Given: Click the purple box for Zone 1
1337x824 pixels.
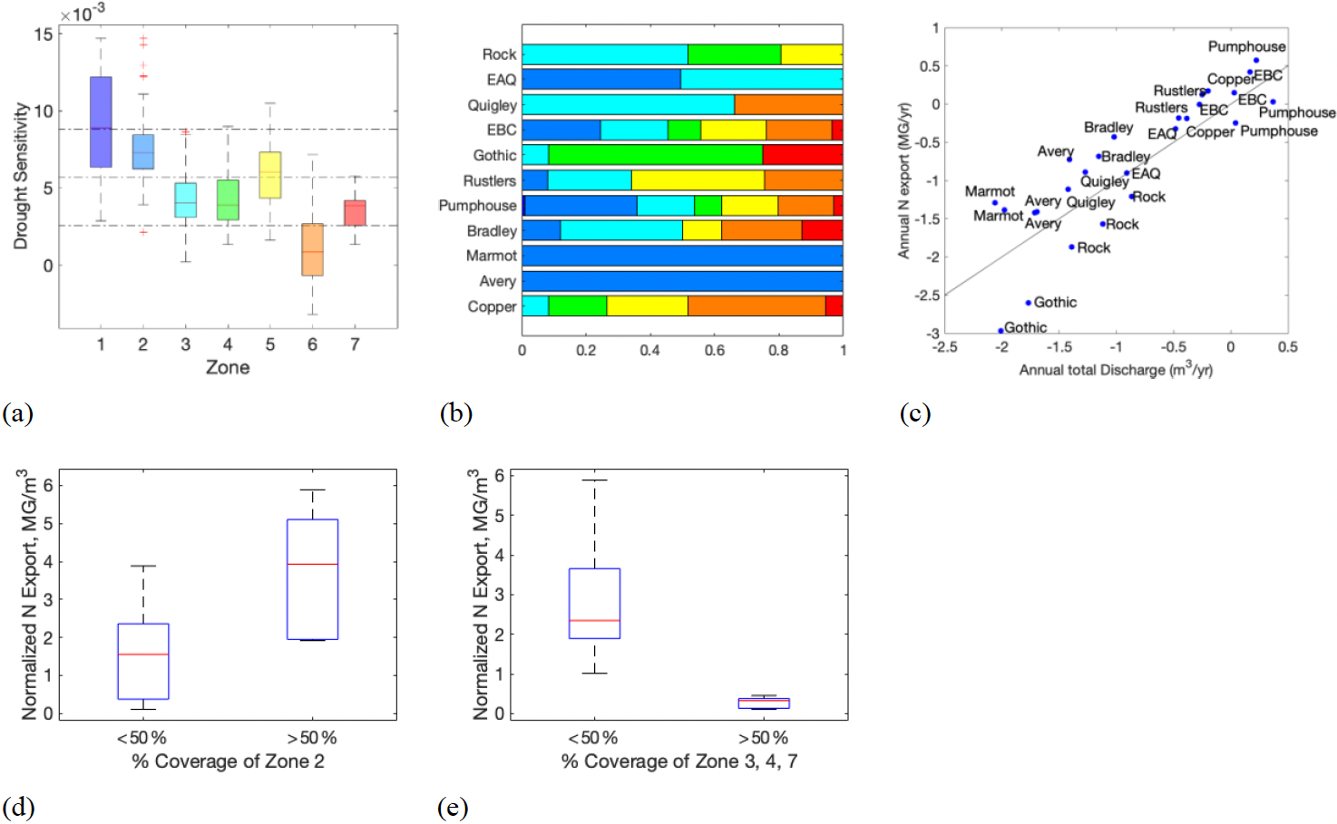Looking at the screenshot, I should (101, 121).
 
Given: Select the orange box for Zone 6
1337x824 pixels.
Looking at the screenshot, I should (312, 249).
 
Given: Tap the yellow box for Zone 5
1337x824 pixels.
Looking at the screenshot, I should (269, 175).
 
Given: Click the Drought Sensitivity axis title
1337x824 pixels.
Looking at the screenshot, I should (21, 175).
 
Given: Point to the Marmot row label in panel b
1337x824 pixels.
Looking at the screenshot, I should (491, 257).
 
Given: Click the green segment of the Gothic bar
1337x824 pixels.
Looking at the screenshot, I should (655, 155).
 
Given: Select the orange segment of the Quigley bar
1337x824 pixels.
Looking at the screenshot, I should (787, 105).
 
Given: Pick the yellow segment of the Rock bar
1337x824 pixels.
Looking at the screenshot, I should (811, 54).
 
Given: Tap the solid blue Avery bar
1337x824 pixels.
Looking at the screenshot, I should (682, 281).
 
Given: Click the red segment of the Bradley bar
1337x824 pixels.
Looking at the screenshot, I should (822, 231).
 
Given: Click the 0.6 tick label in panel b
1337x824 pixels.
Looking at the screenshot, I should (714, 351).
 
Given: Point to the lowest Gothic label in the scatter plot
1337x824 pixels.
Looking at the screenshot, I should (1025, 327).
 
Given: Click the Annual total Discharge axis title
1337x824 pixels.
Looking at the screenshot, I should (1115, 370).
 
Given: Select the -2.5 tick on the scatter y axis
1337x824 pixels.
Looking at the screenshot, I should (926, 296).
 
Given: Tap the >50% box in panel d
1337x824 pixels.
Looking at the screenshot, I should (312, 579).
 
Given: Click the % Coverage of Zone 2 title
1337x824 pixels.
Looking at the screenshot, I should (228, 761).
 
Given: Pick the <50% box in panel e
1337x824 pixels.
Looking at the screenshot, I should (594, 603).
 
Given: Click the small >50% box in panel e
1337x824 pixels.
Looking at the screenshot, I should (764, 703).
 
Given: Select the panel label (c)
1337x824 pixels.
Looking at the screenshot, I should (914, 414).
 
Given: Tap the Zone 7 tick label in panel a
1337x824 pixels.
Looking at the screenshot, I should (355, 344).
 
